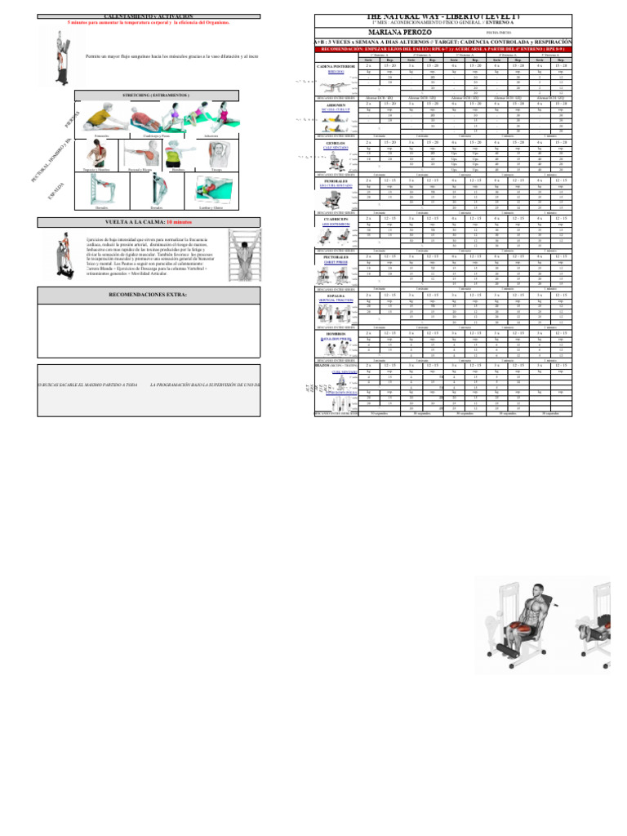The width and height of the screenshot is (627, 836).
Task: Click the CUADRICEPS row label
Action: coord(336,220)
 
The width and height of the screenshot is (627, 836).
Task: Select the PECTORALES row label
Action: coord(336,257)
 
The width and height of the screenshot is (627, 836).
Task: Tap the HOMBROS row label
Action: coord(336,333)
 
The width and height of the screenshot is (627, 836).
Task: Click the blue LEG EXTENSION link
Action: coord(336,225)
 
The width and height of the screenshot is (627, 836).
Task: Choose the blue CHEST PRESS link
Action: coord(336,263)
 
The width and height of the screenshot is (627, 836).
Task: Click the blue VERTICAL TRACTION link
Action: coord(336,300)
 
